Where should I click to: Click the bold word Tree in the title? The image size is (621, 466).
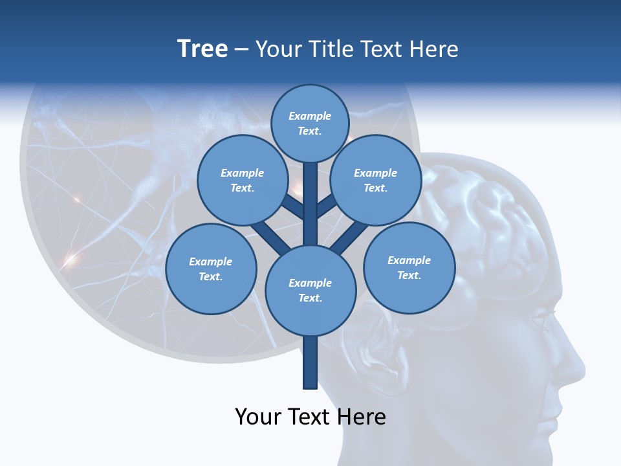(202, 49)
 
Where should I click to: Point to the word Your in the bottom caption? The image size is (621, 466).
(258, 417)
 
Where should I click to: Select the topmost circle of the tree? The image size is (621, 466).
(310, 123)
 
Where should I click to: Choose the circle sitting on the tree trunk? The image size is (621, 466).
(310, 290)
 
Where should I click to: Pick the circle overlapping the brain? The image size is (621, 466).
(409, 267)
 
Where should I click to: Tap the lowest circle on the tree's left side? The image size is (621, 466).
(211, 269)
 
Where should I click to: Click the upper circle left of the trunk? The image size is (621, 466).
(242, 180)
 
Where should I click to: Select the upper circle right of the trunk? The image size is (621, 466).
(376, 180)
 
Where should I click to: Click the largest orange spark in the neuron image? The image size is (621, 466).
(70, 259)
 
